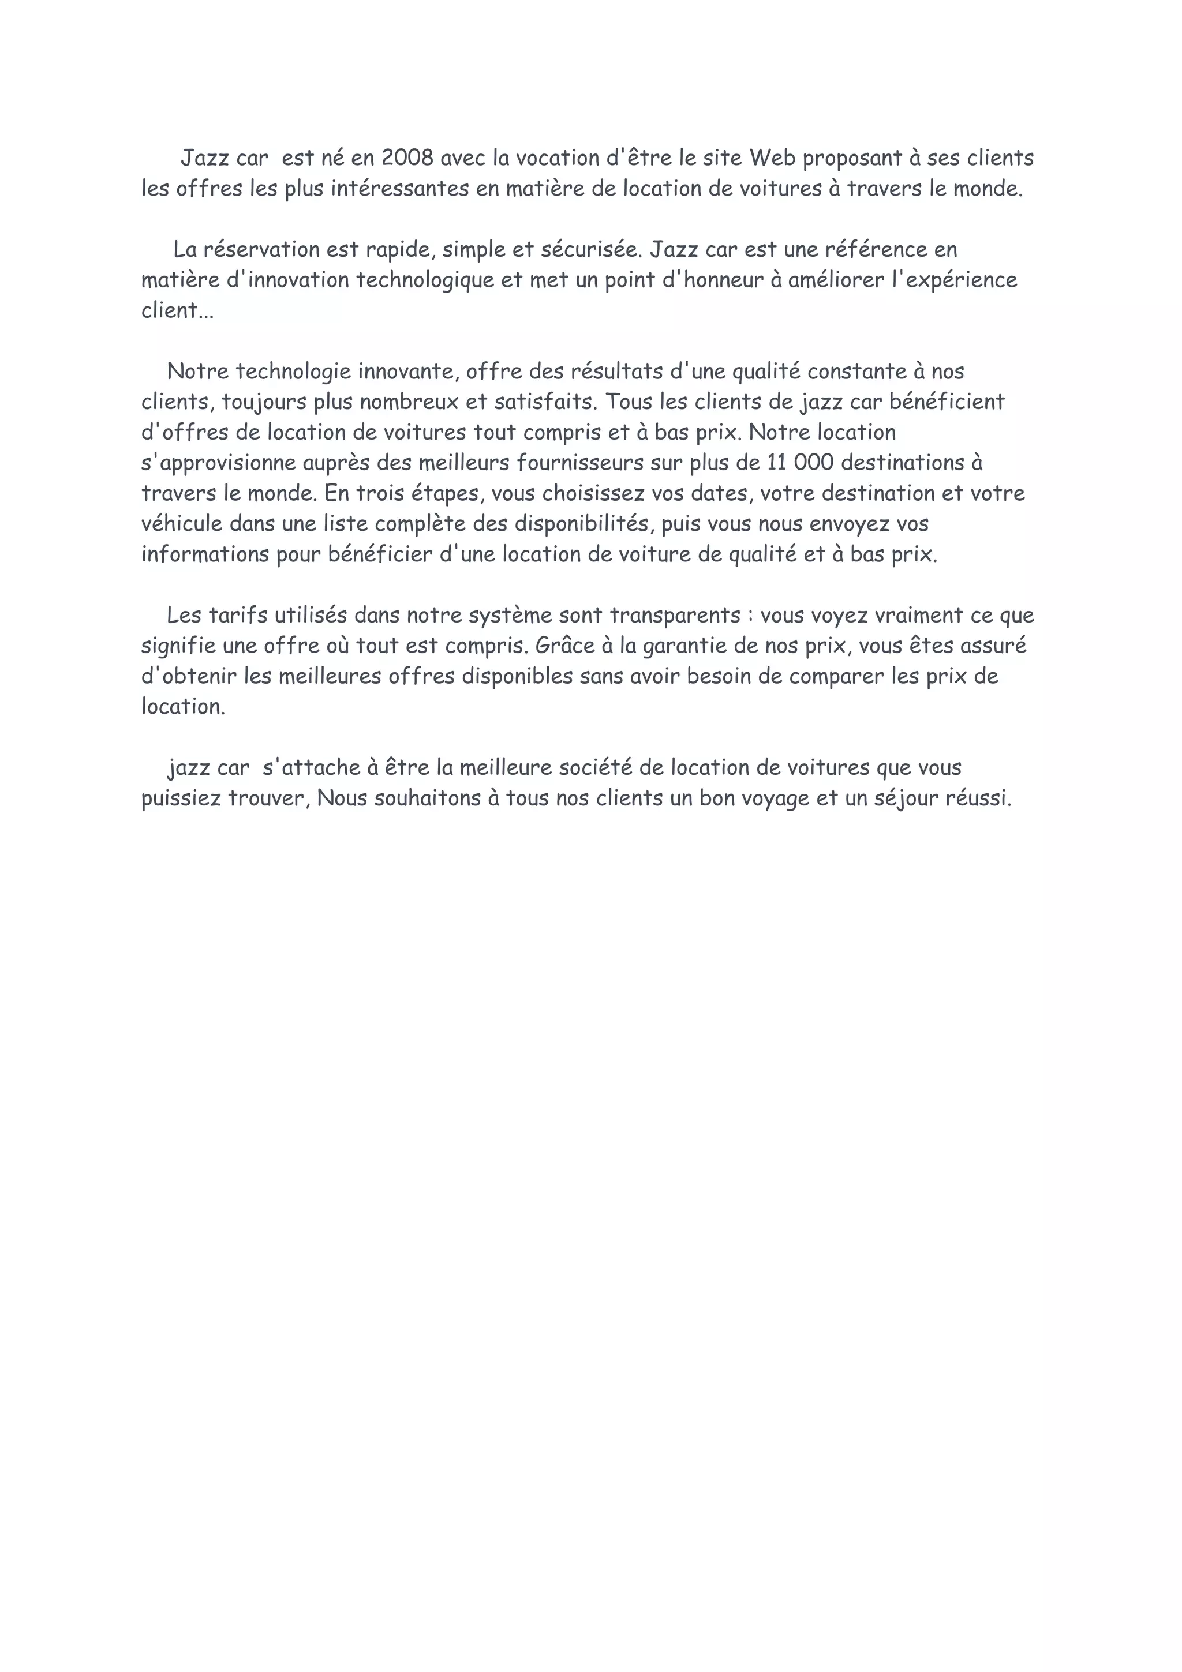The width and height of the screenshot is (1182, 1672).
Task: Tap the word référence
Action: pos(874,250)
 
